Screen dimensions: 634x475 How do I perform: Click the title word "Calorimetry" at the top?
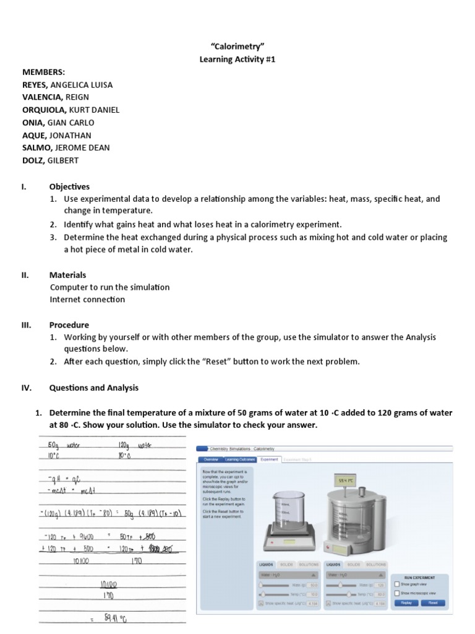[237, 46]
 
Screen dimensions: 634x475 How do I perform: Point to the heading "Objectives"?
[69, 186]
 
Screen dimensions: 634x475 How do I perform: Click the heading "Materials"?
[67, 275]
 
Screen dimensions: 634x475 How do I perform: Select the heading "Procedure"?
[69, 325]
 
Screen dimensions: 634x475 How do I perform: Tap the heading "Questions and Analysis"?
[93, 388]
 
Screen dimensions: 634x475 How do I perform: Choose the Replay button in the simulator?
[406, 602]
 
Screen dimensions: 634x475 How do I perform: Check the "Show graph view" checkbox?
[397, 584]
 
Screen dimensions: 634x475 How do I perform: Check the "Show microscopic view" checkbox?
[397, 593]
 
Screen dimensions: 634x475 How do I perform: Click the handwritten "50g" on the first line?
[52, 445]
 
